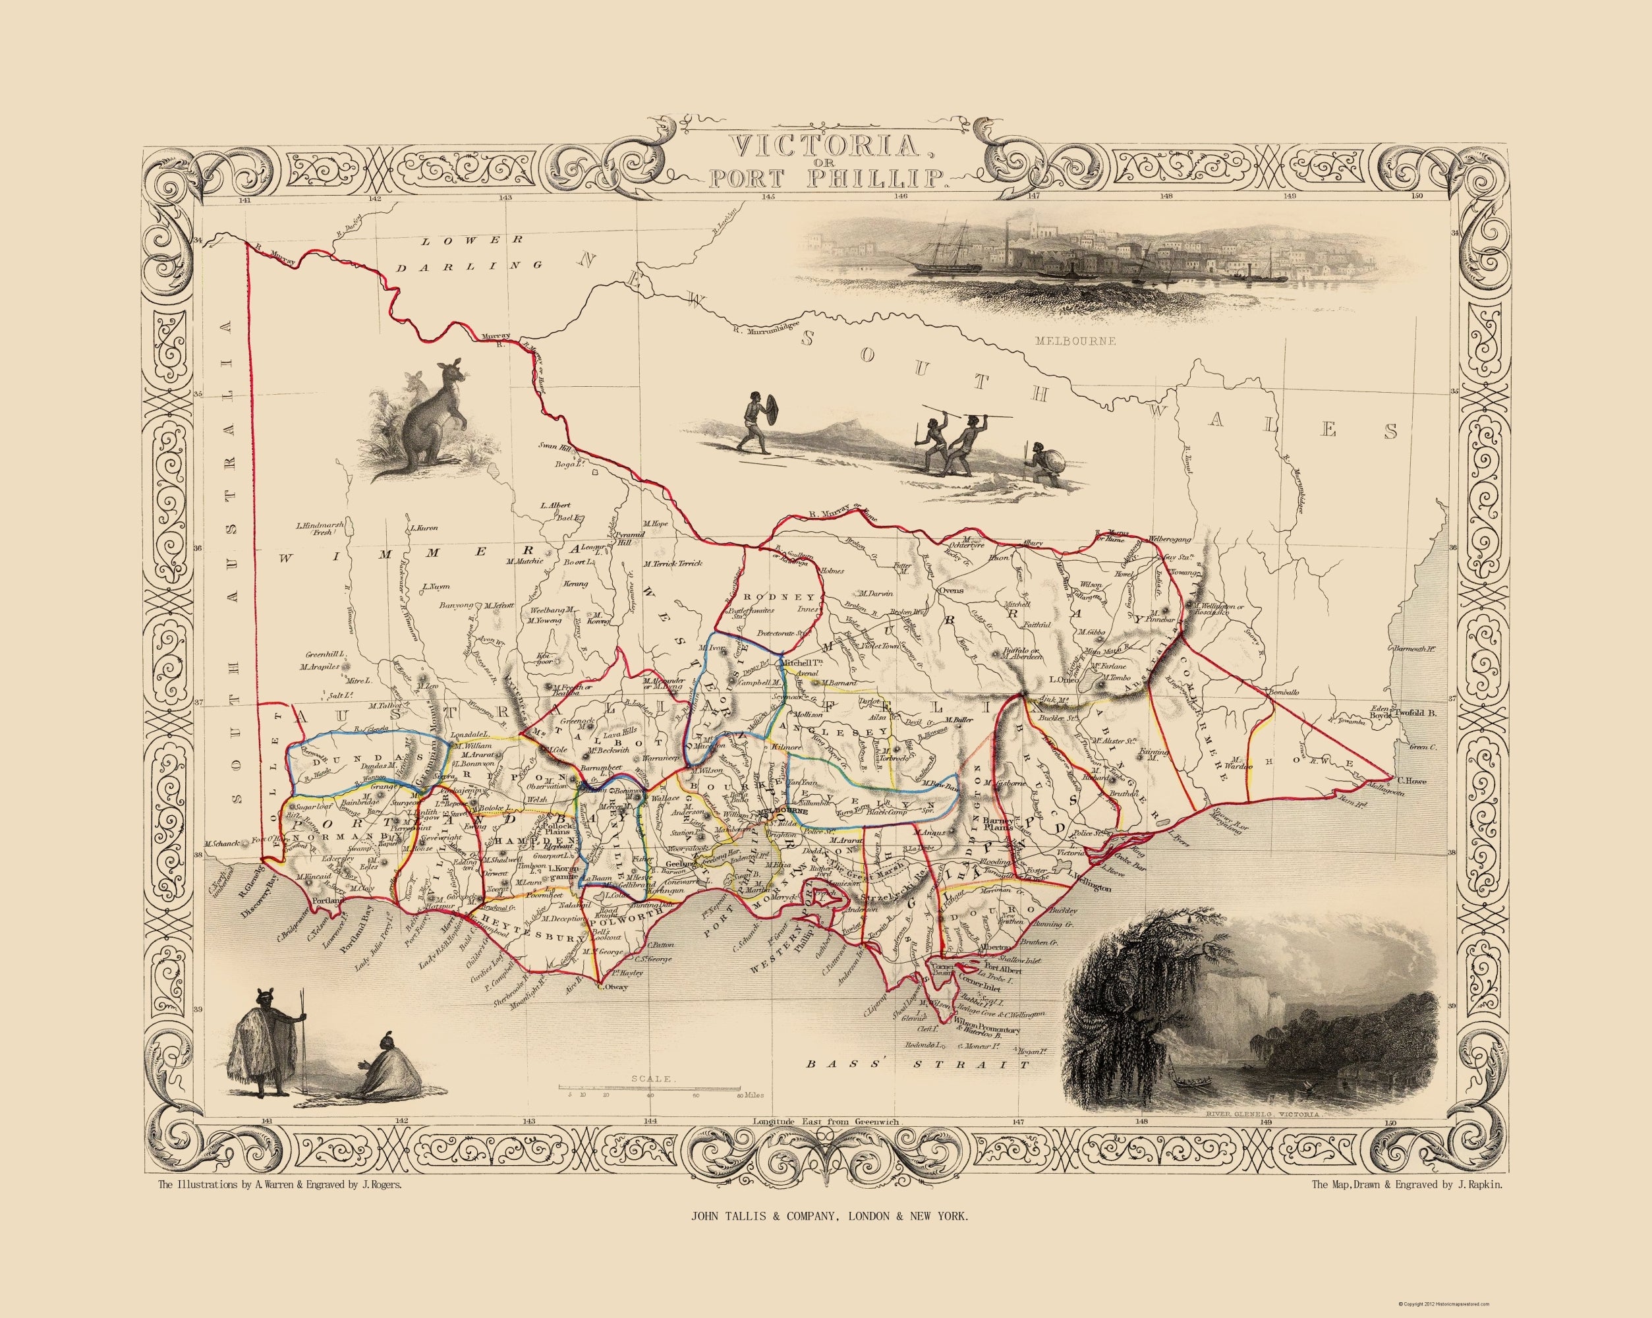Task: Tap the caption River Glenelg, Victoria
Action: [1252, 1135]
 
